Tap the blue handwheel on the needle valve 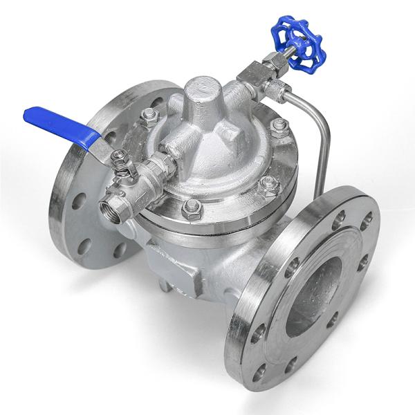298,46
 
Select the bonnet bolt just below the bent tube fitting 279,125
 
